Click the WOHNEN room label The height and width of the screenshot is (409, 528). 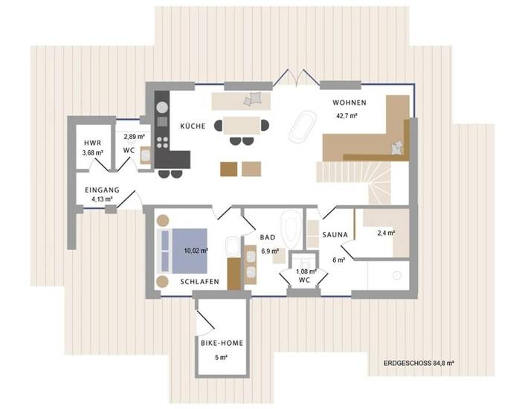[x=350, y=103]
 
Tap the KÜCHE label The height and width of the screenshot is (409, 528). [x=193, y=126]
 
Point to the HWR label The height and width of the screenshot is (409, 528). [x=92, y=142]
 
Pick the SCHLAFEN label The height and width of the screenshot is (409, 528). [x=199, y=282]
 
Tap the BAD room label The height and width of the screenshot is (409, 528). [x=268, y=237]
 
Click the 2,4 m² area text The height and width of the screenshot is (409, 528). [x=385, y=233]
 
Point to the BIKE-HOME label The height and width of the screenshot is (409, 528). [x=222, y=343]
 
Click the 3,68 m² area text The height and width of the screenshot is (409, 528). [x=92, y=153]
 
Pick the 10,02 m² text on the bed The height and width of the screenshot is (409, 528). [x=196, y=251]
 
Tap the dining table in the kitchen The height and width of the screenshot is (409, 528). [x=242, y=125]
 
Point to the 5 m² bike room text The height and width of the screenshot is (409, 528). [x=222, y=357]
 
